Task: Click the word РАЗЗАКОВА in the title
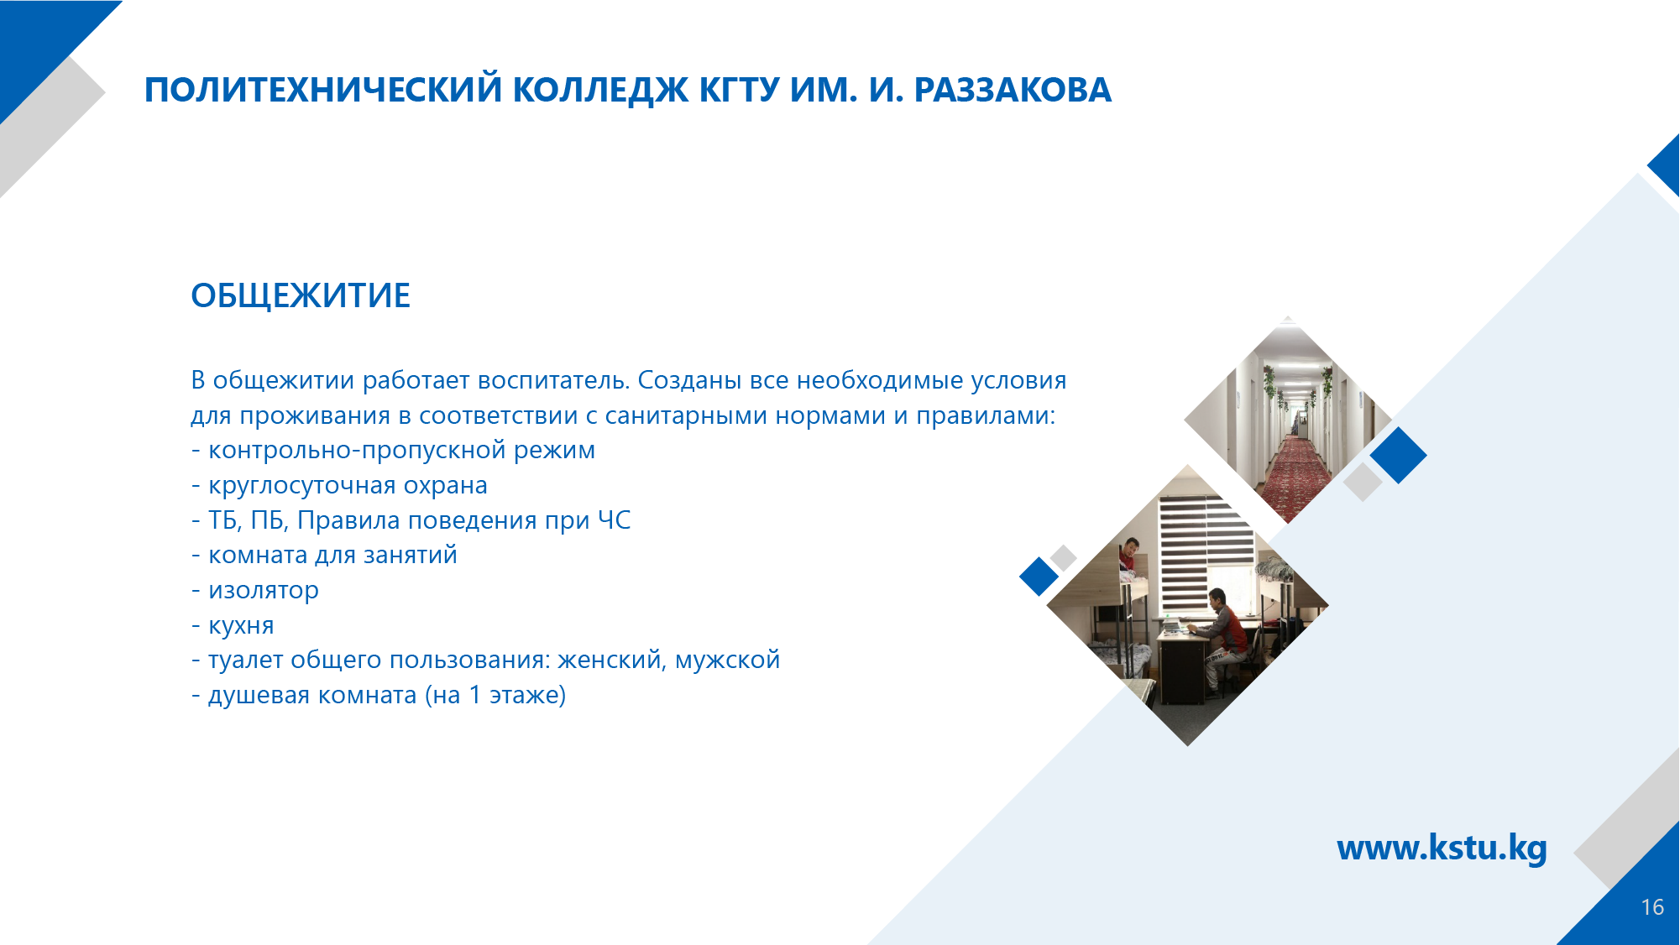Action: point(1013,90)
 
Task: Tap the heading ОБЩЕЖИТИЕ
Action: point(301,295)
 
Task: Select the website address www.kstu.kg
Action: point(1442,848)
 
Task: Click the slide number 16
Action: point(1652,907)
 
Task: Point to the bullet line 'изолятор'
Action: point(255,590)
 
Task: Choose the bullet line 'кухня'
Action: point(233,625)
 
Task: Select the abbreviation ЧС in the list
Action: point(614,520)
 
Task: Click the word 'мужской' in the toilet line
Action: point(727,660)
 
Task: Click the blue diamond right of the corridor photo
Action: point(1399,456)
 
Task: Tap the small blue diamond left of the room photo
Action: point(1039,577)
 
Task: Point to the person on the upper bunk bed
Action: point(1129,556)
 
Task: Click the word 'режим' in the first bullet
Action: point(554,451)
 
